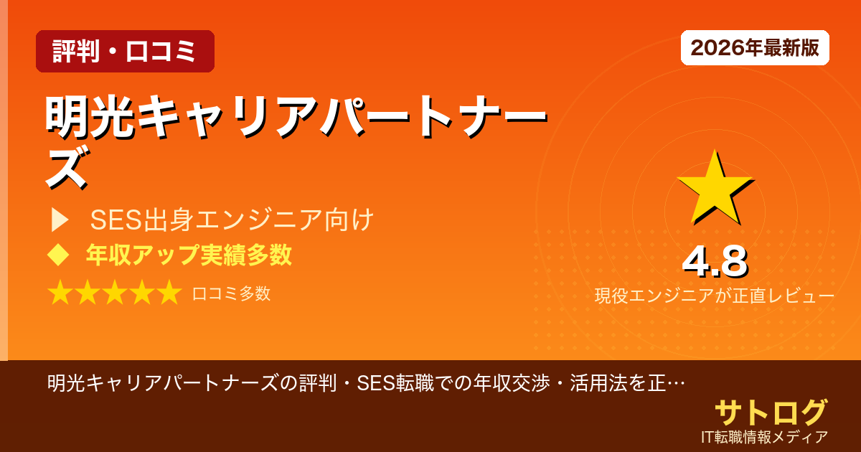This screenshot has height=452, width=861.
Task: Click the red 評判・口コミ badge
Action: coord(125,52)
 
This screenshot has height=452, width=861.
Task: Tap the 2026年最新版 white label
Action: coord(755,48)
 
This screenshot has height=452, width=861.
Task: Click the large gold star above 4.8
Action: coord(714,188)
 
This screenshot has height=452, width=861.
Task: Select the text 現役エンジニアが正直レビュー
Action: coord(714,296)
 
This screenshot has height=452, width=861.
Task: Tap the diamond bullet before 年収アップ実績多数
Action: coord(57,255)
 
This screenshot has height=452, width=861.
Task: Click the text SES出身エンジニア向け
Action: coord(232,220)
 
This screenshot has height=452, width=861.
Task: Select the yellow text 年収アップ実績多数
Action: coord(188,255)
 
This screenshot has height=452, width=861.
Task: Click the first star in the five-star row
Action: coord(60,293)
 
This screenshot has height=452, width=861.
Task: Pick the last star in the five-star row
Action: coord(169,293)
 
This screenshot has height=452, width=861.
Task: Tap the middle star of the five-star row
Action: coord(115,293)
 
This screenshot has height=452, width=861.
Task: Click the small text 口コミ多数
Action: coord(231,293)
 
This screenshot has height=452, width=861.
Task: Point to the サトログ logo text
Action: coord(770,412)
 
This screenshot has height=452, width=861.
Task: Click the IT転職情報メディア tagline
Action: coord(765,437)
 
